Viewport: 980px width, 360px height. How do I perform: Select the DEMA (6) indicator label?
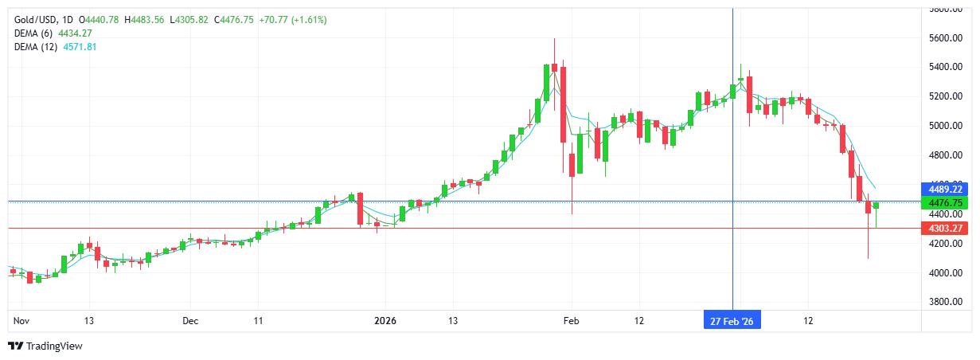click(x=33, y=33)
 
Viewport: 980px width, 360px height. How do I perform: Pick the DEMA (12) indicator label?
click(x=36, y=47)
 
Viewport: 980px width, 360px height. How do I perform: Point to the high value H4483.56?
click(x=144, y=19)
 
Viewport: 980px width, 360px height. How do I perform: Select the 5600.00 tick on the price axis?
click(x=948, y=38)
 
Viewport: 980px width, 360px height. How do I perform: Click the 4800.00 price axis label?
click(x=948, y=155)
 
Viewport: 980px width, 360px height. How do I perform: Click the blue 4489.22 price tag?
click(x=945, y=190)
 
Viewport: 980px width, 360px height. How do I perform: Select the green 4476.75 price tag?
click(x=945, y=203)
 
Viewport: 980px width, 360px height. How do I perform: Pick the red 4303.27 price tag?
click(x=945, y=229)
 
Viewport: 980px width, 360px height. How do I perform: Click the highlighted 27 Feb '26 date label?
click(x=732, y=321)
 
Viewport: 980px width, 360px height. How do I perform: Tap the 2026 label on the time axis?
click(x=385, y=321)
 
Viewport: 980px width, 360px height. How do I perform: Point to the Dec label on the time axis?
click(x=190, y=321)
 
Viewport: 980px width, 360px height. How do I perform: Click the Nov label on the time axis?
click(x=21, y=321)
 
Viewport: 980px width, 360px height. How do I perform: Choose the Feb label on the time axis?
click(x=571, y=321)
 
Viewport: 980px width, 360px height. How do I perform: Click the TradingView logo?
click(x=45, y=346)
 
